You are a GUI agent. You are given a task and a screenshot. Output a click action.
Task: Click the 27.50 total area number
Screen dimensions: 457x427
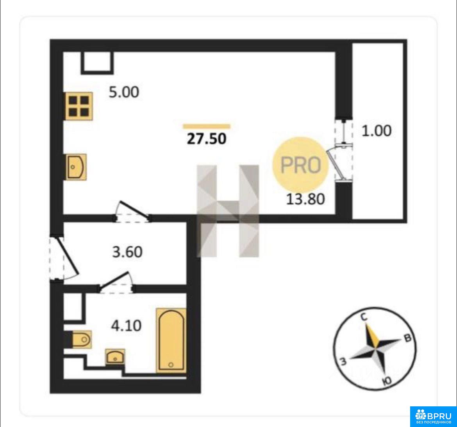(x=206, y=138)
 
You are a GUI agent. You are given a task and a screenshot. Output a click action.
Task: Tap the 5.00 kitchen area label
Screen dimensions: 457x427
(x=124, y=92)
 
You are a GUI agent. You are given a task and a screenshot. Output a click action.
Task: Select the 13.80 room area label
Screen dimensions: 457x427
(x=305, y=199)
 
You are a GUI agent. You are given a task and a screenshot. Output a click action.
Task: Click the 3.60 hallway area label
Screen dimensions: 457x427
(x=127, y=252)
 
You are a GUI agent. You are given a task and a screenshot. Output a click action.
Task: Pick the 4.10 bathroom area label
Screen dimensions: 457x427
(x=126, y=325)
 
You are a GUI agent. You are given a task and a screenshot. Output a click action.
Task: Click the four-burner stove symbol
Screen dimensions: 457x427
(x=78, y=106)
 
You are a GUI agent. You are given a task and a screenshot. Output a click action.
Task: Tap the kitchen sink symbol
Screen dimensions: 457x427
(x=75, y=167)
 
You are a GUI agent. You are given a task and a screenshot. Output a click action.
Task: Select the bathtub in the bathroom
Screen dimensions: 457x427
(x=171, y=340)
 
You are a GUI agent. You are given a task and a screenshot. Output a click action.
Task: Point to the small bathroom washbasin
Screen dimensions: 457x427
(x=115, y=356)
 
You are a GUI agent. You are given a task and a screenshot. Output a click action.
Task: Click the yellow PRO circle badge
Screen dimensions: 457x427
(x=300, y=165)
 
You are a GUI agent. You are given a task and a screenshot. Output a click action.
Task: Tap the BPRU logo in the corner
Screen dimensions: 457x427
(x=434, y=416)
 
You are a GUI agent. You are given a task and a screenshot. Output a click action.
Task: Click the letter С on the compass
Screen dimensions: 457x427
(x=364, y=317)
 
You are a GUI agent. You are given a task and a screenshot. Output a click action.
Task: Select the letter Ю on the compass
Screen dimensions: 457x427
(x=386, y=381)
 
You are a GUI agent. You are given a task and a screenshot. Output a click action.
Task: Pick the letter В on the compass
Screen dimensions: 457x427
(x=407, y=338)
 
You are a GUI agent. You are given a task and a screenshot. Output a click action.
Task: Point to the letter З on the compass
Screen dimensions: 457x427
(x=343, y=361)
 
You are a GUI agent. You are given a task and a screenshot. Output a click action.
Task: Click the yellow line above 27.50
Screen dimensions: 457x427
(x=207, y=126)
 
